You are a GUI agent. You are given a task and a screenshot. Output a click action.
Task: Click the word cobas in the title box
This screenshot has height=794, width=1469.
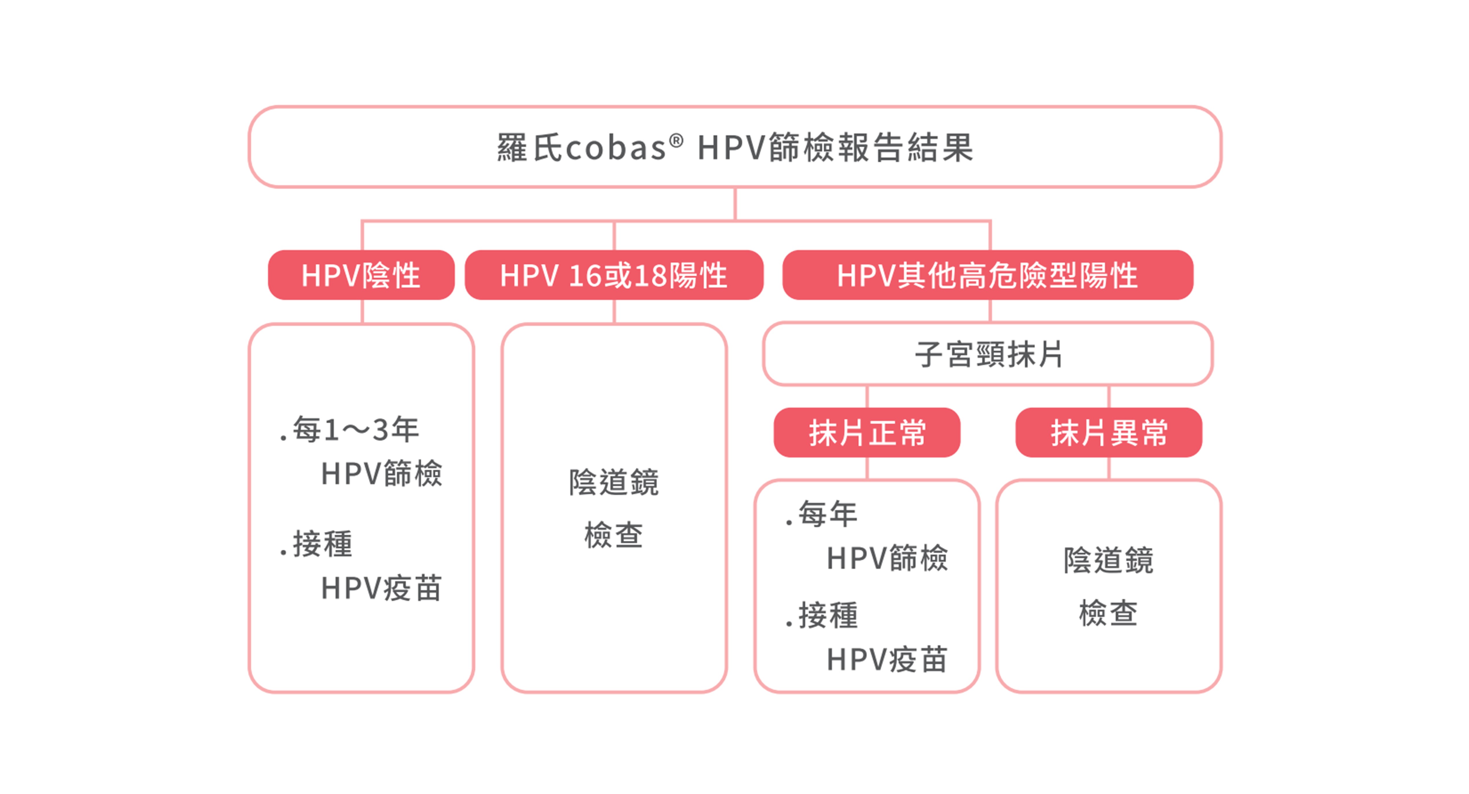coord(615,148)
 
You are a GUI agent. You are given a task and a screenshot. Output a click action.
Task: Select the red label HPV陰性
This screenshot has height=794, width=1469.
coord(361,275)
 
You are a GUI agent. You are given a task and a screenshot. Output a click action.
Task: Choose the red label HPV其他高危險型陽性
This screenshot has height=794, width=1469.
coord(988,275)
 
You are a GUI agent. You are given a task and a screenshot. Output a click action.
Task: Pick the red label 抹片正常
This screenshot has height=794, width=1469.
coord(867,432)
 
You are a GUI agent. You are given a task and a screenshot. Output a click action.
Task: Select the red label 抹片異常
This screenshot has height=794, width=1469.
coord(1109,432)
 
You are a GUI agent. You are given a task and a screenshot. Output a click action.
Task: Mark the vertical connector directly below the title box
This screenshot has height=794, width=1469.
coord(735,204)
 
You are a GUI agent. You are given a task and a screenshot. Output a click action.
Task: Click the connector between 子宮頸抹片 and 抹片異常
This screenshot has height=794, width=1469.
coord(1109,396)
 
